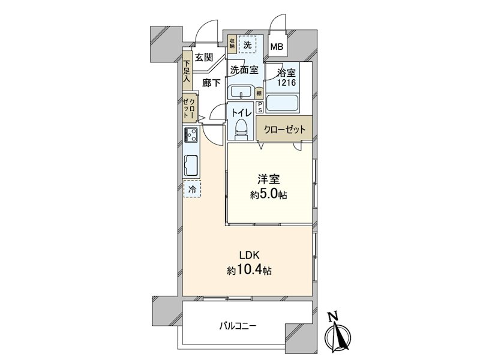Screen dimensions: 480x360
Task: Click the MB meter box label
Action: [x=277, y=47]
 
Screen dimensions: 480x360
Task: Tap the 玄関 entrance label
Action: [x=204, y=57]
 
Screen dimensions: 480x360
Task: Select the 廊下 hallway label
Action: [x=212, y=82]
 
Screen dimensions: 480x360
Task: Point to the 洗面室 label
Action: [x=244, y=70]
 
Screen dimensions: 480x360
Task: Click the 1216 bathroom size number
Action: [x=287, y=82]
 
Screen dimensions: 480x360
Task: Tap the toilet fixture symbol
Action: [x=241, y=128]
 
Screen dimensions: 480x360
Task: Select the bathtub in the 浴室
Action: [x=282, y=103]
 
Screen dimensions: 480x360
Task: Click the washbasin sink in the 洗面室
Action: [x=241, y=92]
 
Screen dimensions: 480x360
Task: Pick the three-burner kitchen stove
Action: [x=191, y=134]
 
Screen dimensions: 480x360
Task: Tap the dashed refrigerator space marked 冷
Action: [x=192, y=189]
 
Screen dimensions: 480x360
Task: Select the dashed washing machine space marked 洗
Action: [x=248, y=45]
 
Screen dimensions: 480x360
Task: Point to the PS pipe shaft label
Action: [x=260, y=107]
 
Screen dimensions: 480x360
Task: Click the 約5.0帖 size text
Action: [x=268, y=194]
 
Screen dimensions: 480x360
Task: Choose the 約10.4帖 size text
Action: [x=249, y=271]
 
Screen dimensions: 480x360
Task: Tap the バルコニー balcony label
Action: [x=238, y=326]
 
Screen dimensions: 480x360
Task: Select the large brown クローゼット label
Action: [x=284, y=130]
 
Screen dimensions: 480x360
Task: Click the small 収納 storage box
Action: [x=232, y=43]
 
